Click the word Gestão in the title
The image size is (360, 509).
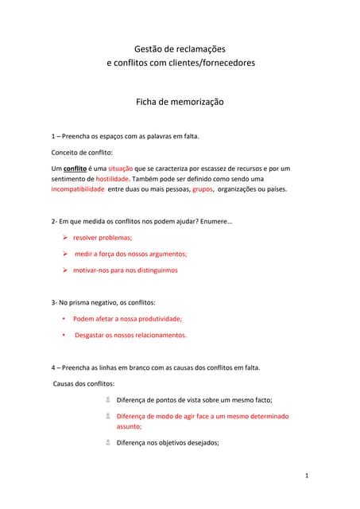point(149,49)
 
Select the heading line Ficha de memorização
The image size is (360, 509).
point(180,102)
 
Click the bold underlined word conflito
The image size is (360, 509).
point(75,169)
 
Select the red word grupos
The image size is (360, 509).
point(202,189)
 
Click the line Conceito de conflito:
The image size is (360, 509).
point(82,152)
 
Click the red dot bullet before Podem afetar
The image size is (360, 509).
point(64,319)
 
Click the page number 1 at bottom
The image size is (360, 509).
point(306,475)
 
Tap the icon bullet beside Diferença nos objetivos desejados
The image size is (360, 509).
point(107,442)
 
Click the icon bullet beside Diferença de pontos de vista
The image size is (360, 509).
point(107,400)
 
